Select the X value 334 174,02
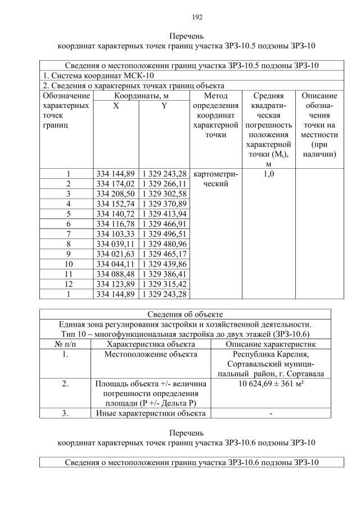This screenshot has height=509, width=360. (x=115, y=183)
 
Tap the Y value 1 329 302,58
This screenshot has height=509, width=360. (x=164, y=193)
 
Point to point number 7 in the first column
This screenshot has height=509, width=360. (x=68, y=233)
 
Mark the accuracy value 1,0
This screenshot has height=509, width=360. (x=268, y=174)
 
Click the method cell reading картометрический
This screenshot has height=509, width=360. (x=215, y=178)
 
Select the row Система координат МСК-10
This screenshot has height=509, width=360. (x=98, y=75)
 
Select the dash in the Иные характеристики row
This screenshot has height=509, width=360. (x=271, y=414)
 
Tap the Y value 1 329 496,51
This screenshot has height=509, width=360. (x=164, y=233)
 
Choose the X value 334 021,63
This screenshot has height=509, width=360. (x=115, y=254)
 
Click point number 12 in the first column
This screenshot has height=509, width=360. (x=68, y=283)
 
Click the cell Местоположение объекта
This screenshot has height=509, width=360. (x=151, y=354)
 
